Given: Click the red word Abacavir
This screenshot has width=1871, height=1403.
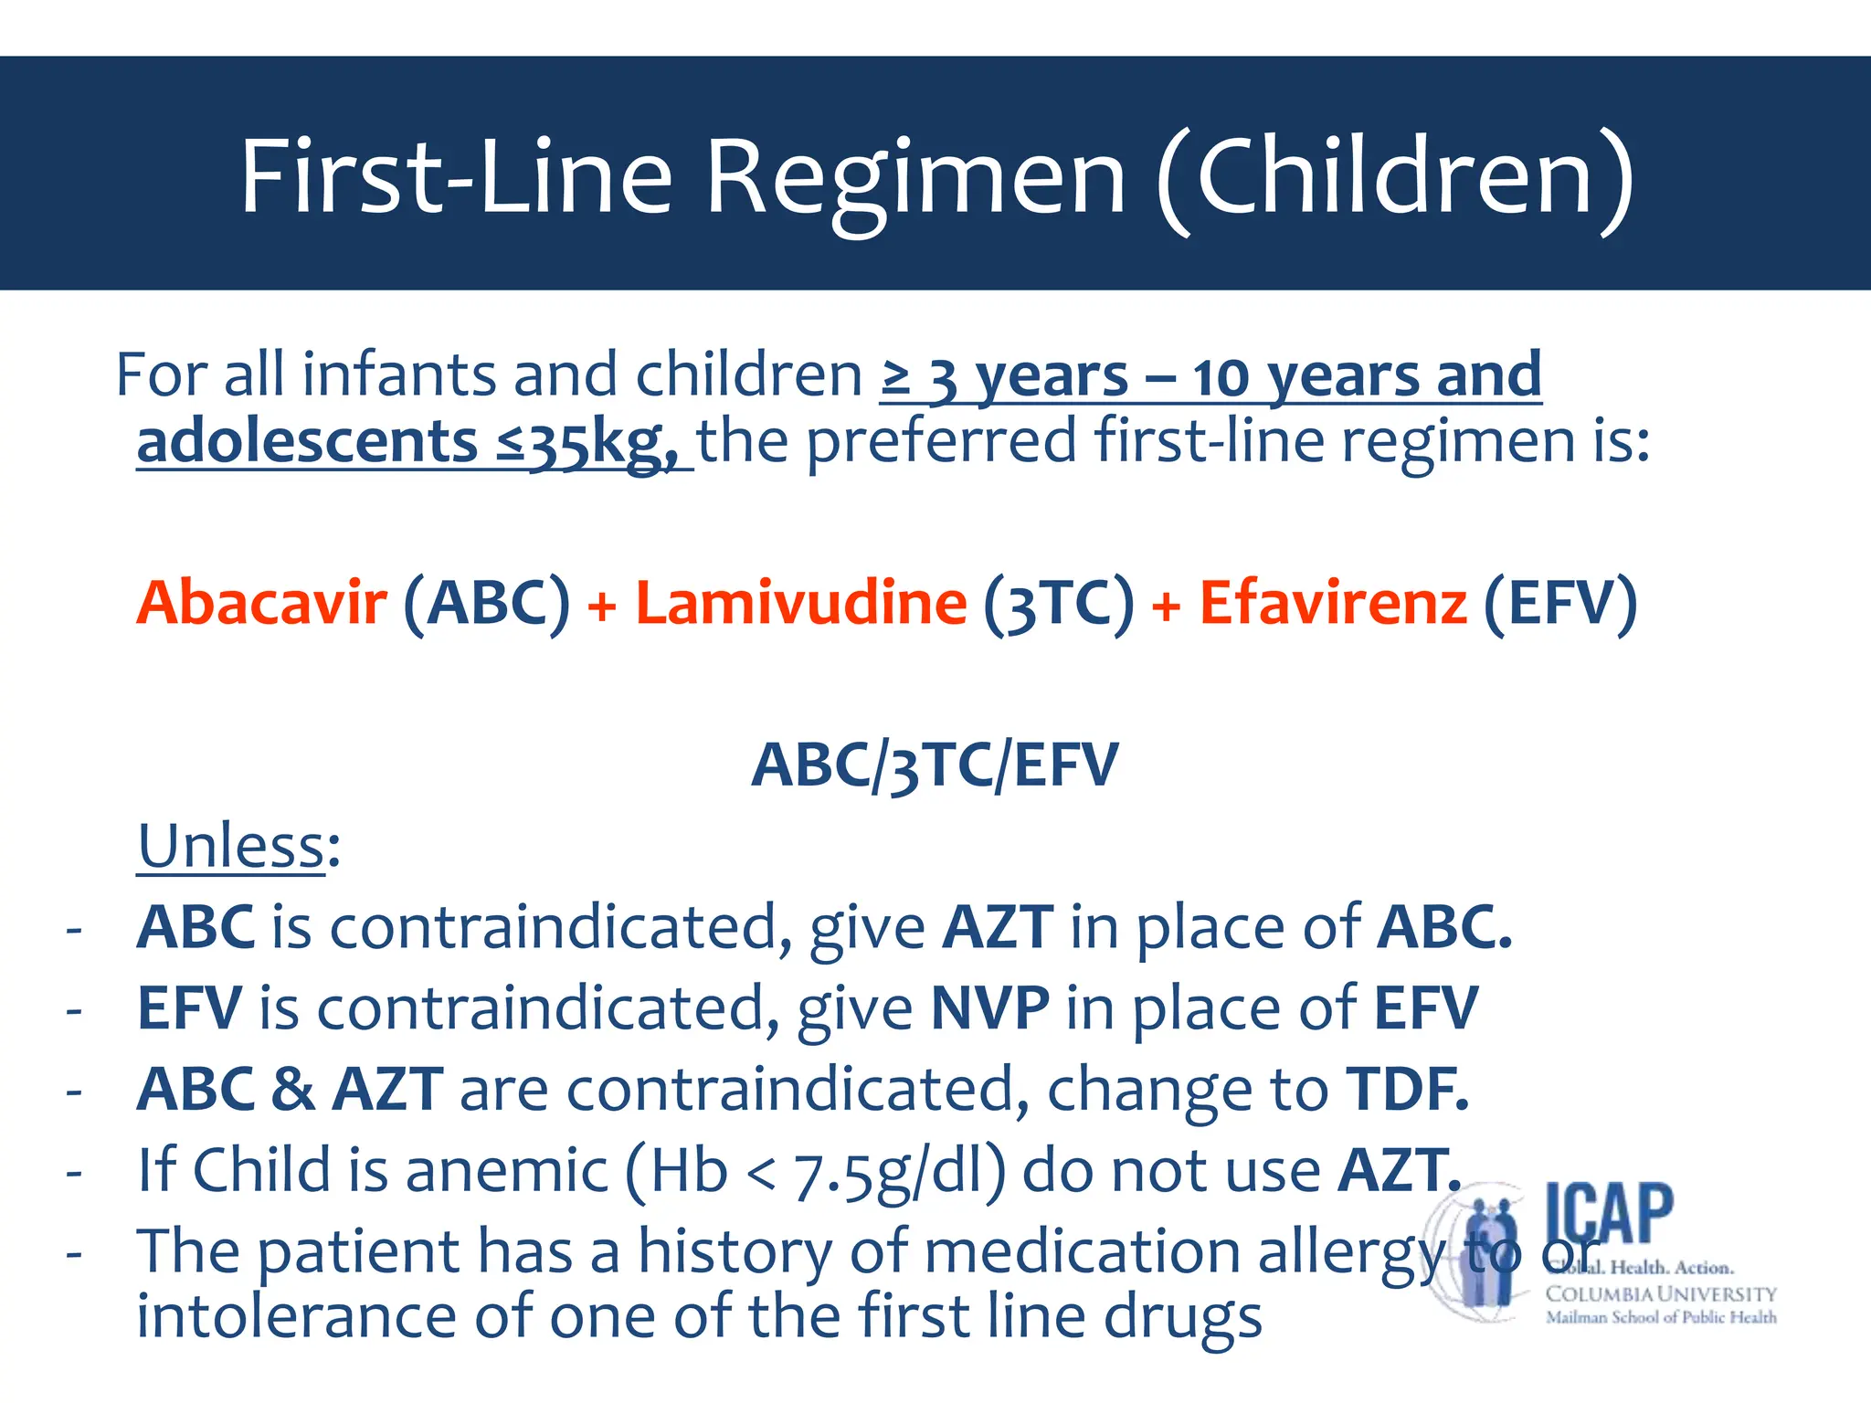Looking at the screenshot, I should tap(261, 603).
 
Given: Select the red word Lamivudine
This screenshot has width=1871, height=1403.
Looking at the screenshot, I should tap(801, 603).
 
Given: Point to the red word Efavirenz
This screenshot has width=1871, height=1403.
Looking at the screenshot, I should tap(1333, 603).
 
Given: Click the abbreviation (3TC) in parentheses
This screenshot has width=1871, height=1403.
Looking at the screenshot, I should tap(1058, 605).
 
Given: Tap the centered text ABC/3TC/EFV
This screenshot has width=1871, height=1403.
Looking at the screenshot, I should tap(935, 765).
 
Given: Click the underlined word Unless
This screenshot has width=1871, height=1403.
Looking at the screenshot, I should tap(231, 846).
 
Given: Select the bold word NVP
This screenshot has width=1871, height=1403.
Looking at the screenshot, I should tap(989, 1008).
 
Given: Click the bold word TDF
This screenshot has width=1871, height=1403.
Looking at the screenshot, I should tap(1407, 1089).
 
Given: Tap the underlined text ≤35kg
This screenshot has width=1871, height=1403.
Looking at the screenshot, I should tap(590, 443).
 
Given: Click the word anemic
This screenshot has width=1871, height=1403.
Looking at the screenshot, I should tap(507, 1170).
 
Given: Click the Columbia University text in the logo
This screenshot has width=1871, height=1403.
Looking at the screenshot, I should tap(1660, 1294).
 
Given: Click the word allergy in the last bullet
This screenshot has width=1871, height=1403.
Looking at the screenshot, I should tap(1350, 1252).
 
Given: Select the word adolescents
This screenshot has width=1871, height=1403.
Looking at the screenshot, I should tap(307, 441).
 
